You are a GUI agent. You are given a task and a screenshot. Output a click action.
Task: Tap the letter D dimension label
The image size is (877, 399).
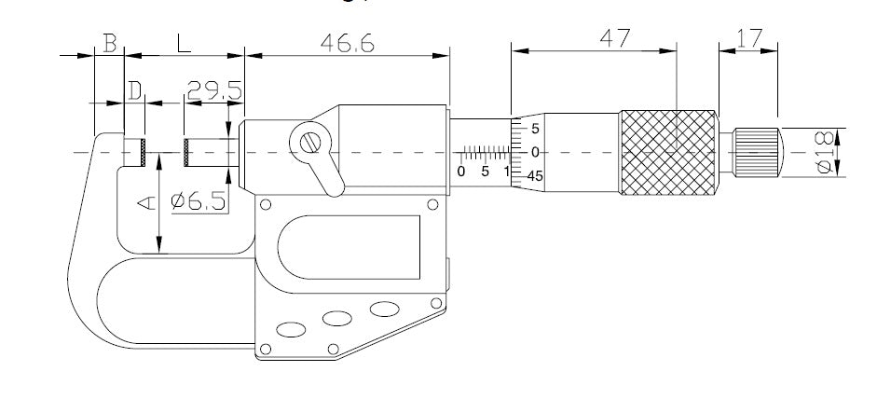136,90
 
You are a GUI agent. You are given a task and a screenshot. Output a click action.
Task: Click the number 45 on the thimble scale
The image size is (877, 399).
534,174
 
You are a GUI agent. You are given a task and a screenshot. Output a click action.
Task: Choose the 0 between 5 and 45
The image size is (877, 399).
534,151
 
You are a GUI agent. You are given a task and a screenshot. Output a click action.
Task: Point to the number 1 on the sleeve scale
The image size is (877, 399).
505,172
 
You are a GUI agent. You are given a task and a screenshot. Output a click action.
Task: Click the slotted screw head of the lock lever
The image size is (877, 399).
311,144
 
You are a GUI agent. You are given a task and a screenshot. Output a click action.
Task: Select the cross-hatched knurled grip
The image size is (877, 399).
669,151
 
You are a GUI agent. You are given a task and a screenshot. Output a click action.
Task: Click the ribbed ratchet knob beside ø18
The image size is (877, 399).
757,151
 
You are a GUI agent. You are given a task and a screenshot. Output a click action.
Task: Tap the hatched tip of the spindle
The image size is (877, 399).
190,152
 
